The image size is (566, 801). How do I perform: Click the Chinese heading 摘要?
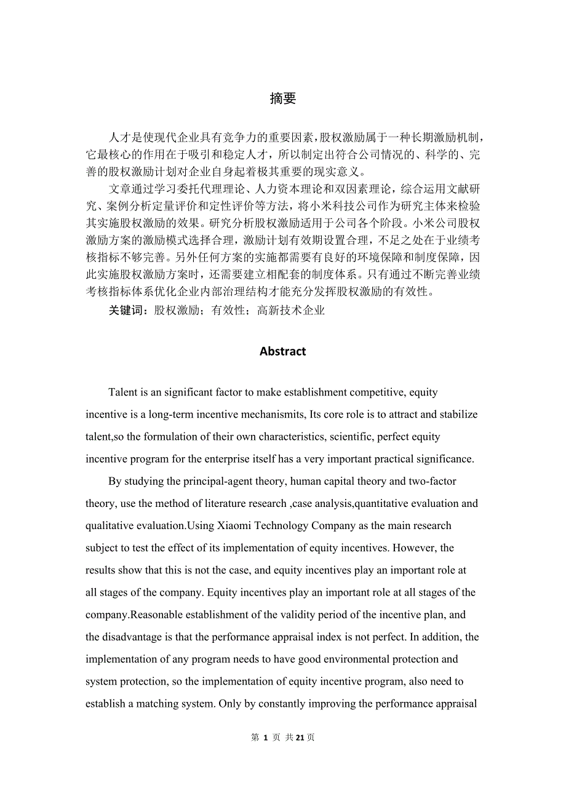(x=283, y=98)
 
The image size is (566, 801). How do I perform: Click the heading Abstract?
(x=283, y=351)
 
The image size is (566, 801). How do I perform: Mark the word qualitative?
(x=110, y=525)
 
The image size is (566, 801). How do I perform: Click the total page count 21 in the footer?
(x=300, y=738)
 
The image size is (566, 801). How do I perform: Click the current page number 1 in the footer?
(x=265, y=738)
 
